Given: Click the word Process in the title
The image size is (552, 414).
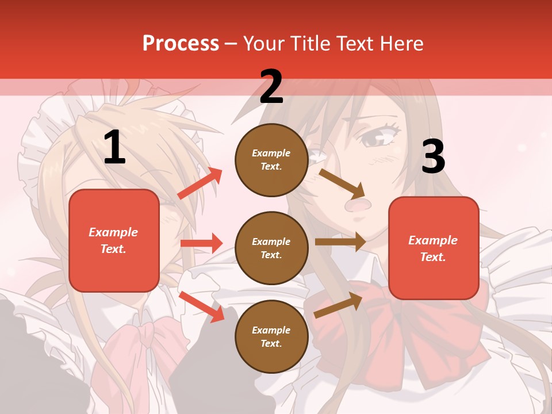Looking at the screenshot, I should [181, 43].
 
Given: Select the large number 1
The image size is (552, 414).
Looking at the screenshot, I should [114, 148].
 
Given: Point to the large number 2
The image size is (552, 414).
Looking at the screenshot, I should [271, 87].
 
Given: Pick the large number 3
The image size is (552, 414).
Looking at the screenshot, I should [433, 157].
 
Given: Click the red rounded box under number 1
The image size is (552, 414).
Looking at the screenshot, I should [114, 240].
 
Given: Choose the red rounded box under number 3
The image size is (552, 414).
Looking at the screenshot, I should [434, 248].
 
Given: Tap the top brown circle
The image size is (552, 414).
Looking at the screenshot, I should [271, 160].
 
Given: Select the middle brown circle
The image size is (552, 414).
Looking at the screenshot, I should [271, 248].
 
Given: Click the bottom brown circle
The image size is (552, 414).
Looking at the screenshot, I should [271, 336].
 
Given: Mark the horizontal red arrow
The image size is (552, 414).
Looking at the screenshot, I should [201, 243].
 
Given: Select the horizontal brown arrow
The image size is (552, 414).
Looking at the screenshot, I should [340, 242].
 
